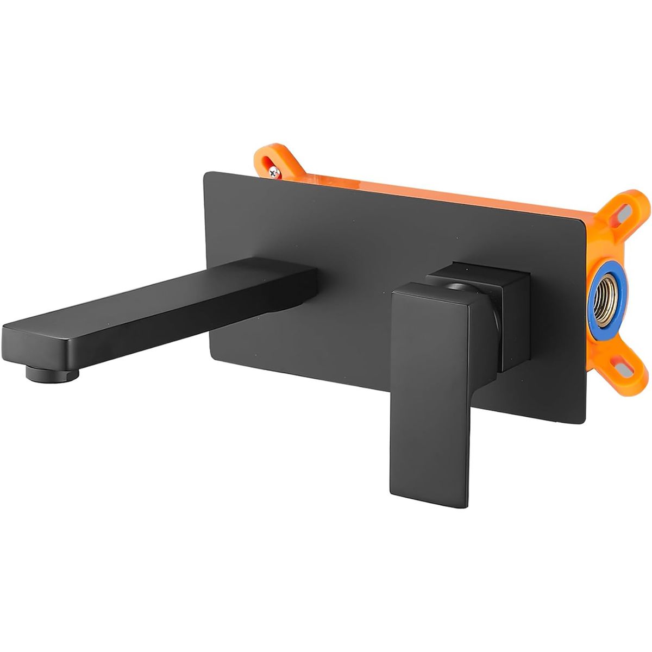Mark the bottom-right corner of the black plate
click(x=584, y=421)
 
